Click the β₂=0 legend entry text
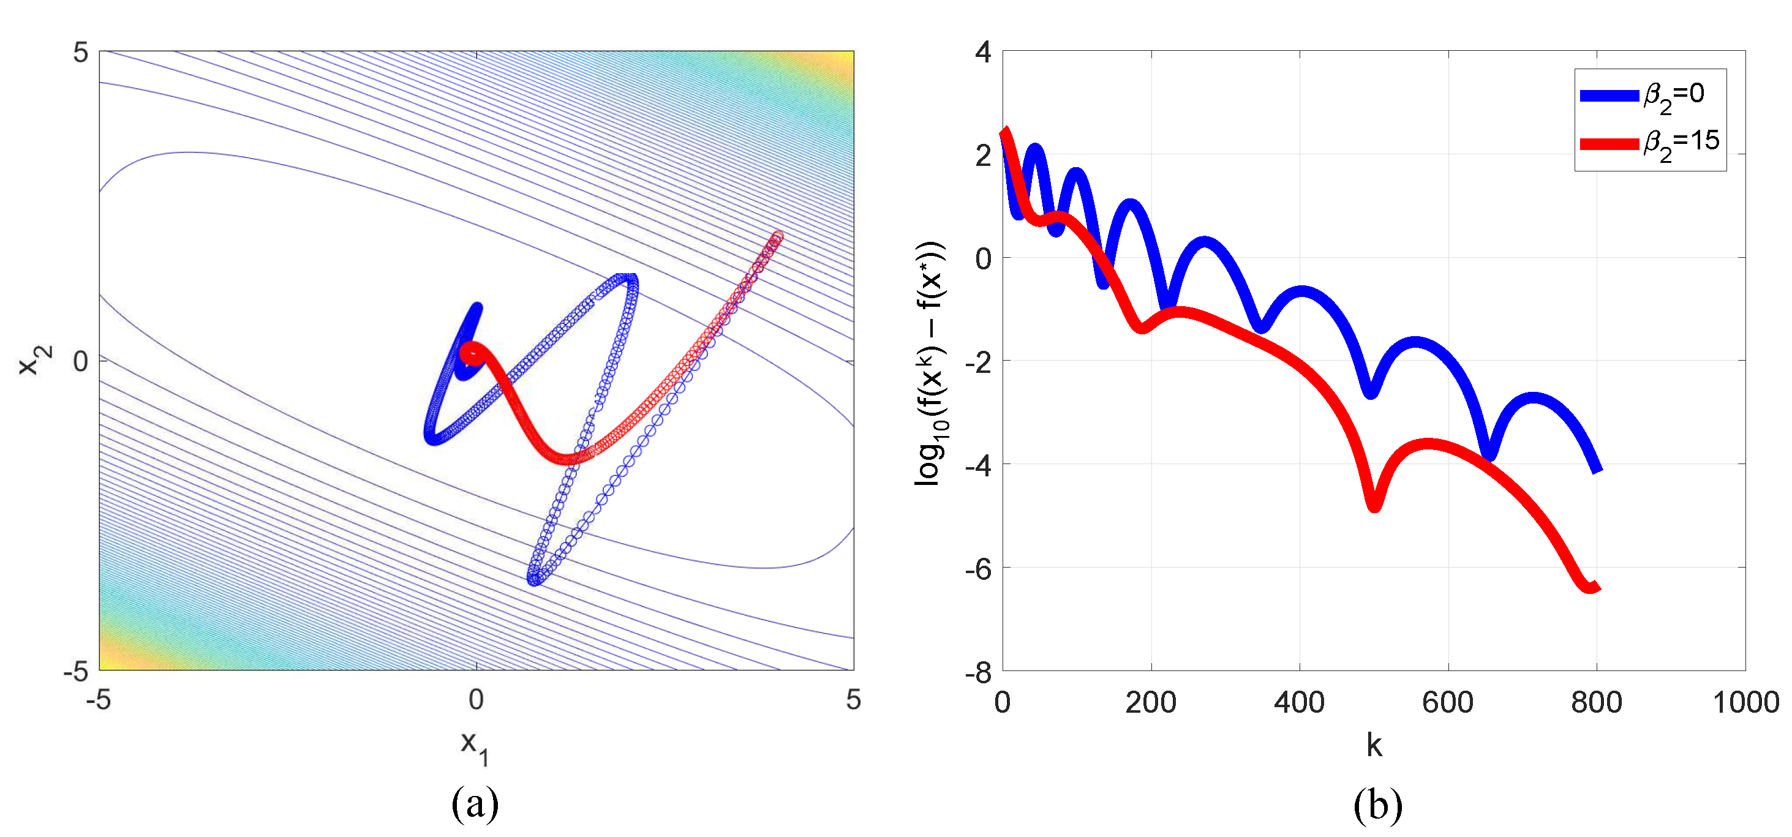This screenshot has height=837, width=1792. pos(1673,96)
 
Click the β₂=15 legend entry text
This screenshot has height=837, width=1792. pos(1681,143)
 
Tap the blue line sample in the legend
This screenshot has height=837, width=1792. pos(1608,96)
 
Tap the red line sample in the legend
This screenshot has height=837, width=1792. pos(1608,144)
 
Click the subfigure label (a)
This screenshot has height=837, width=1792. pos(475,805)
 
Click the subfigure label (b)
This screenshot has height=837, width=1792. pos(1377,805)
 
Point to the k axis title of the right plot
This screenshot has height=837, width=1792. pos(1374,745)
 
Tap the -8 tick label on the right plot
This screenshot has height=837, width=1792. pos(978,673)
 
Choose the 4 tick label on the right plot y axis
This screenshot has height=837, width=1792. pos(982,51)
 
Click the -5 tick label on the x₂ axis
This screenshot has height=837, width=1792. pos(77,672)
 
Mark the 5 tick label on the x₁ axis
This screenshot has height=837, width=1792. pos(853,700)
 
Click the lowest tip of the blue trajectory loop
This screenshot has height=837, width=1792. pos(533,580)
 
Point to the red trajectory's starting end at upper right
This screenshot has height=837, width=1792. pos(778,237)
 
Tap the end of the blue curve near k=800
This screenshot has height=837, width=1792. pos(1597,469)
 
